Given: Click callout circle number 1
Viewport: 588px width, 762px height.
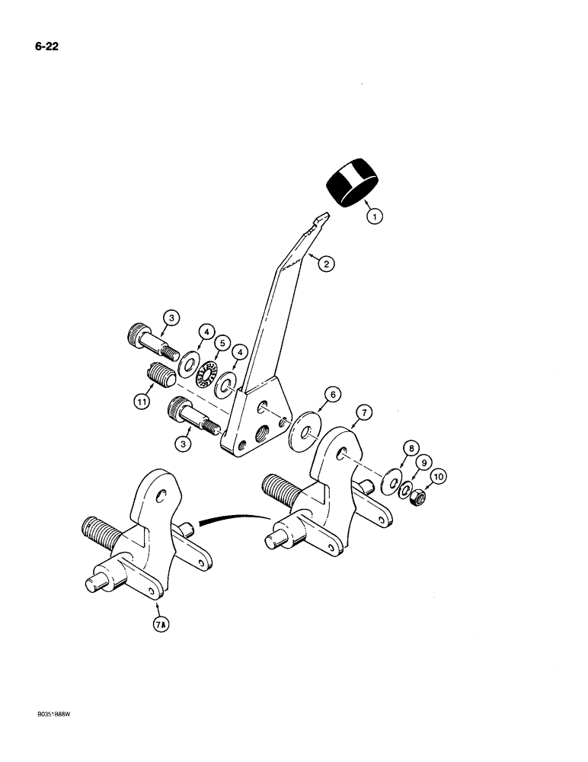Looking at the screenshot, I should click(374, 216).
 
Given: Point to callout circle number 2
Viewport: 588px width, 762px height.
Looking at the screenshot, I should click(324, 264).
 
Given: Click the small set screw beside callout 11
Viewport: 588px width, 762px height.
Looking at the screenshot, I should click(155, 376).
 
